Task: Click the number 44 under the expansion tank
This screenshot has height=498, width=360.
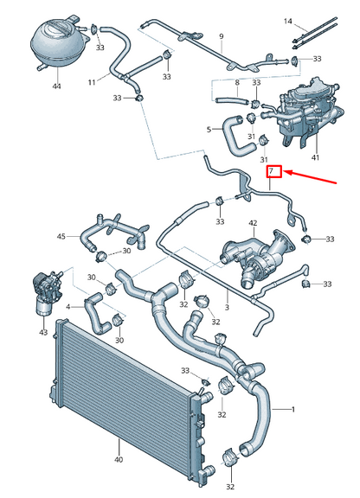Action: [56, 86]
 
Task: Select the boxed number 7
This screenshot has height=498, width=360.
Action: [272, 171]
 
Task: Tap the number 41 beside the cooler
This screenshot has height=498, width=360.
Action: [315, 158]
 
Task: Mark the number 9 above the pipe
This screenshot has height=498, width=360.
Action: [221, 36]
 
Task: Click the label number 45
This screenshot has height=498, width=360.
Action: [61, 236]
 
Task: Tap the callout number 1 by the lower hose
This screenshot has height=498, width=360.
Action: [293, 407]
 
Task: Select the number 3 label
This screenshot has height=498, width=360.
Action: [227, 307]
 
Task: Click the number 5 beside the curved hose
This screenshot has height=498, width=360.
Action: [208, 131]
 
